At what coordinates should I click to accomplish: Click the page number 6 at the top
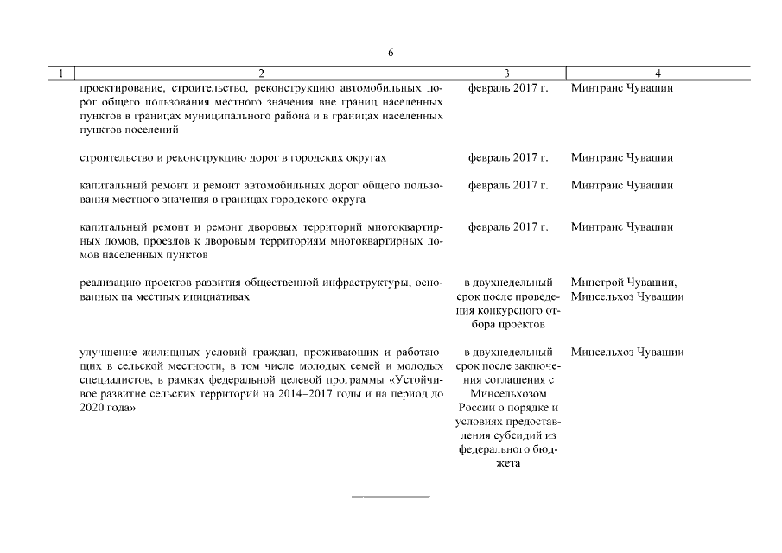click(391, 53)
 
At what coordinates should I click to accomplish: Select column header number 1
click(60, 75)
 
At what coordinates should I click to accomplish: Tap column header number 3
click(507, 75)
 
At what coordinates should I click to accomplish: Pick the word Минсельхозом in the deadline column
click(507, 394)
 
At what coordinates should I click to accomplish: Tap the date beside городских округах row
click(507, 158)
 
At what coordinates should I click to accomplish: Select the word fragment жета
click(507, 463)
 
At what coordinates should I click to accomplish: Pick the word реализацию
click(107, 283)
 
